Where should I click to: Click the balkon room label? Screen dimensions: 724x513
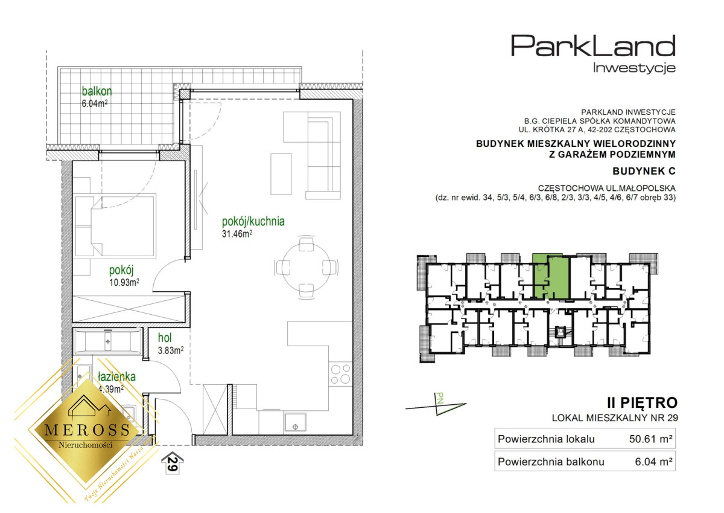[97, 91]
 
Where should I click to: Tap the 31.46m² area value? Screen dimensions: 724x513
[237, 234]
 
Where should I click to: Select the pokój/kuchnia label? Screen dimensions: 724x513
[253, 222]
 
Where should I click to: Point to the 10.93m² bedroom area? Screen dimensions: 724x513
[124, 282]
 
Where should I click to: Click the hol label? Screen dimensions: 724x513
[165, 338]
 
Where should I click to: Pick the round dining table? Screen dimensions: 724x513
[306, 268]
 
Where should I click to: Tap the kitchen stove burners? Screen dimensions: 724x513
[340, 374]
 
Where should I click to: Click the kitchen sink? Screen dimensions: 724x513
[295, 422]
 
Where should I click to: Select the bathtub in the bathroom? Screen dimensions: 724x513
[107, 341]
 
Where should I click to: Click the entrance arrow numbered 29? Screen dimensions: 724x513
[173, 463]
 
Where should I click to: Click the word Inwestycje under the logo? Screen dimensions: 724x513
[634, 68]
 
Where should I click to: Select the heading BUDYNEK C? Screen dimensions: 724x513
[644, 171]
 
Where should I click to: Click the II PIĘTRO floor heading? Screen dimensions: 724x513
[642, 403]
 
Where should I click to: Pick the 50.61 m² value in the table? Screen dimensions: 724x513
[651, 439]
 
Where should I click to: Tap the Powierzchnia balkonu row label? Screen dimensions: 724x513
[551, 462]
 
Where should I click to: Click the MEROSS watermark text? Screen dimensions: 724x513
[87, 430]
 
